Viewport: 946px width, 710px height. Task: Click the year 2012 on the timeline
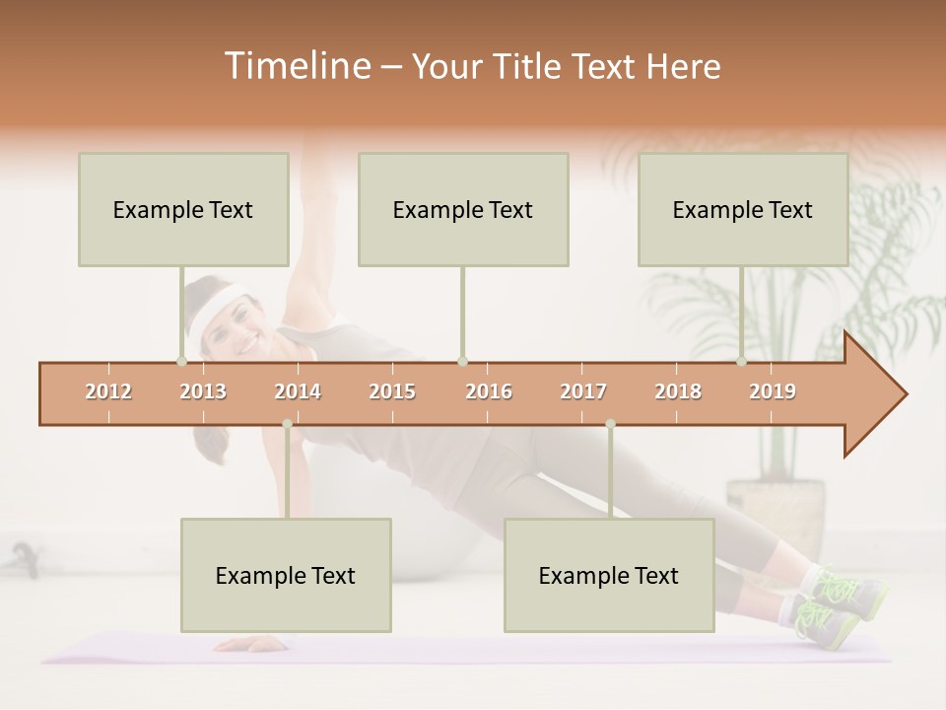point(108,391)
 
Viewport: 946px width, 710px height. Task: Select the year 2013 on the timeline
point(203,391)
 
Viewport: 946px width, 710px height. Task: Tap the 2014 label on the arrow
point(298,391)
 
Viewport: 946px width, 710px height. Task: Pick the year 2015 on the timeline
point(392,391)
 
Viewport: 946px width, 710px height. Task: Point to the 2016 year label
point(489,391)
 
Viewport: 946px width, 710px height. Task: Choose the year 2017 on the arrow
point(583,391)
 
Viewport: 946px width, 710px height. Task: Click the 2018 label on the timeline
point(678,391)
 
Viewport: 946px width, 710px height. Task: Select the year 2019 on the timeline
point(773,391)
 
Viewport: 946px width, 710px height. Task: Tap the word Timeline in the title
point(295,66)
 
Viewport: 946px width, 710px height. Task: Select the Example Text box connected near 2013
point(183,209)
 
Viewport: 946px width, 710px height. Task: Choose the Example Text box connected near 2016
point(463,209)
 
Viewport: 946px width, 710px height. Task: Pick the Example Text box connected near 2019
point(743,209)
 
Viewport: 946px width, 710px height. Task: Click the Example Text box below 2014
point(286,575)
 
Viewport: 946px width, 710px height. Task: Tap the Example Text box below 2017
point(609,575)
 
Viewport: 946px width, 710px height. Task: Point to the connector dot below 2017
point(610,424)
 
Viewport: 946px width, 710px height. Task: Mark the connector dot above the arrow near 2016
point(462,361)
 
